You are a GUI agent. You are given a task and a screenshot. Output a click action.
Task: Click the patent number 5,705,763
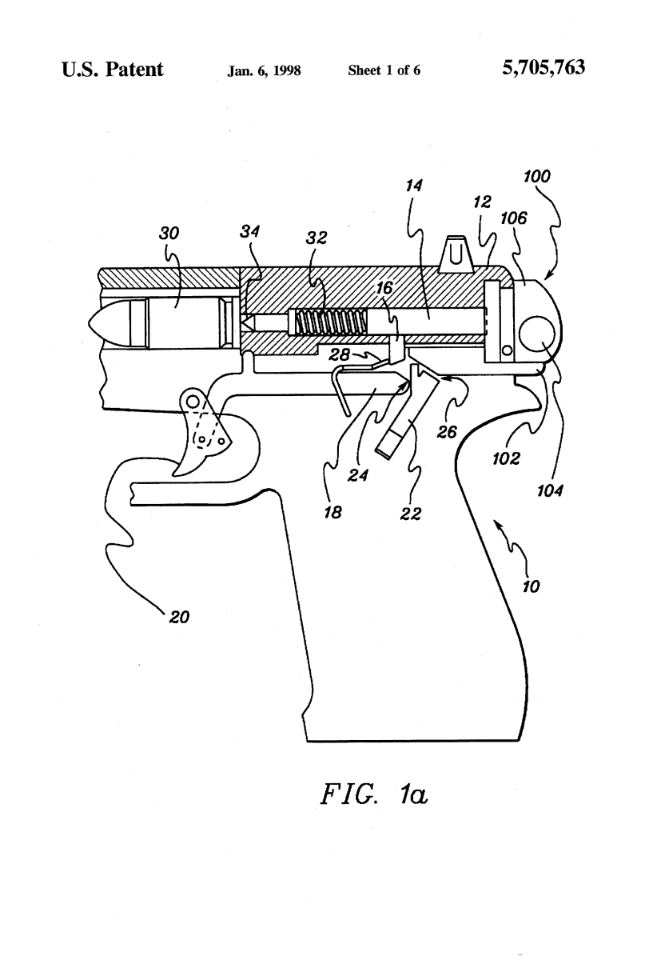544,70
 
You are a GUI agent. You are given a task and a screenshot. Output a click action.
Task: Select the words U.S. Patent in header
112,70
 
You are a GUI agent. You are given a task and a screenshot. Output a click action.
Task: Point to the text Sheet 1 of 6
384,70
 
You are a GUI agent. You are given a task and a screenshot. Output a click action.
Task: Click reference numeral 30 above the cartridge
169,233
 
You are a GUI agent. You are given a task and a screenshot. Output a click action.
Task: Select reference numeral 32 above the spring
317,239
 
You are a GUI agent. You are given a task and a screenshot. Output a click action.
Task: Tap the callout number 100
536,177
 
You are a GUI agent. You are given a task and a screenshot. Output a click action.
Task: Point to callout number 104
551,492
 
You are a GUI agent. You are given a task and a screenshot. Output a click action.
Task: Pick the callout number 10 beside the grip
531,586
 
